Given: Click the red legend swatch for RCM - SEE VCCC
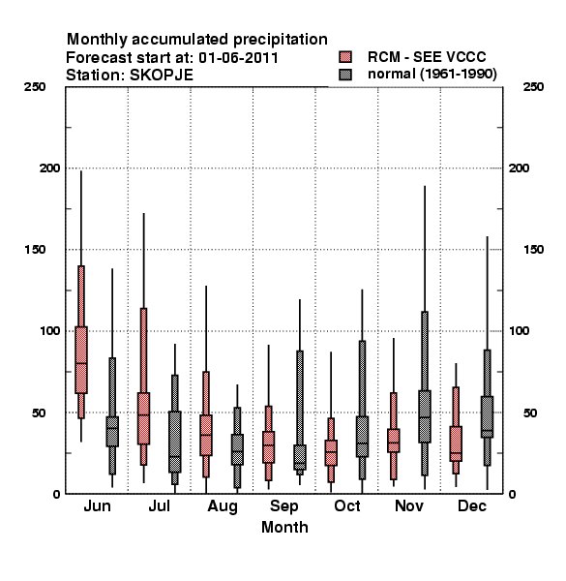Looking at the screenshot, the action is click(345, 57).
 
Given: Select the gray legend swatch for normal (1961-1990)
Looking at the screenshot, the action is click(345, 75).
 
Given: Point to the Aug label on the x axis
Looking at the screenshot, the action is click(223, 506).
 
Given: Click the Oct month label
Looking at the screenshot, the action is click(346, 505).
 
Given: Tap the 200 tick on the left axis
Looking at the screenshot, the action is click(49, 168).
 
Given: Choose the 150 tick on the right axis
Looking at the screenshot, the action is click(533, 250).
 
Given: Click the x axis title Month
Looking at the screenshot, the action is click(284, 527).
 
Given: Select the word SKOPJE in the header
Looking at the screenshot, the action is click(162, 76).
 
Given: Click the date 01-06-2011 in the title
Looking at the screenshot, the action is click(238, 57).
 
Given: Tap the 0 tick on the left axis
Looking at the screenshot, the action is click(56, 494).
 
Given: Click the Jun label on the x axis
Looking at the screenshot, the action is click(97, 505).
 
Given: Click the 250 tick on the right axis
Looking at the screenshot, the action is click(533, 87).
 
